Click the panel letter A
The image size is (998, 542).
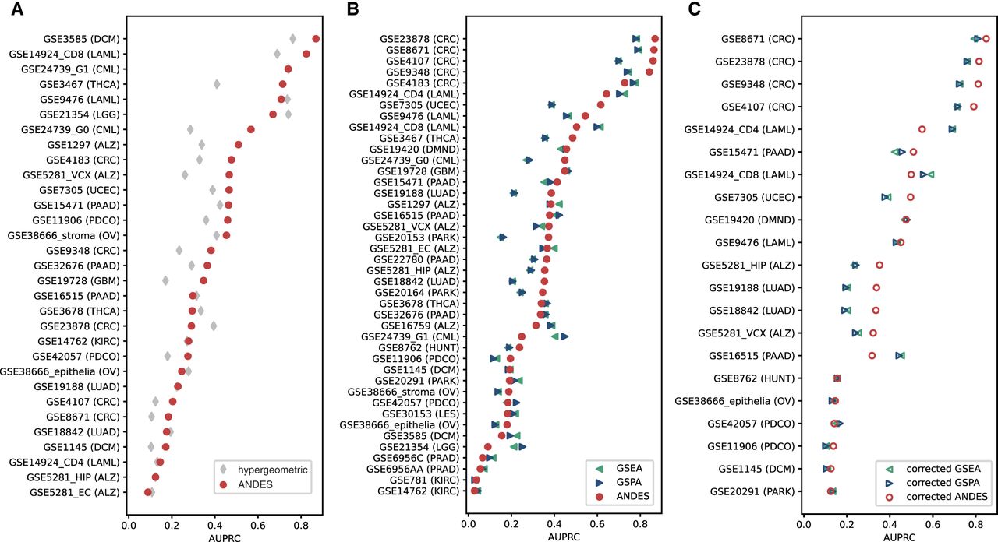click(17, 9)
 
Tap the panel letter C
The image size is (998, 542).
click(694, 9)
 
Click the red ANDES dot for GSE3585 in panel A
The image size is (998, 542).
click(316, 39)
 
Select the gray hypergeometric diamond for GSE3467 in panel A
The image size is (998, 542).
click(217, 84)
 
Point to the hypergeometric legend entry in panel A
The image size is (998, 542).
click(264, 470)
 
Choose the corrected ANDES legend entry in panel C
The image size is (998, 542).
click(936, 497)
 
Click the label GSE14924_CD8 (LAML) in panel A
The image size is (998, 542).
click(65, 54)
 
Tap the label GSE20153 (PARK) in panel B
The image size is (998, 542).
click(417, 238)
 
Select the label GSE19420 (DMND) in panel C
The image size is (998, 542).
click(749, 220)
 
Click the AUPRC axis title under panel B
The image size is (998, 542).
click(564, 537)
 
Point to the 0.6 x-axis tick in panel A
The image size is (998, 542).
click(258, 524)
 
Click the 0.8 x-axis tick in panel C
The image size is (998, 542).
click(975, 524)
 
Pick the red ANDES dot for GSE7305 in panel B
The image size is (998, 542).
click(600, 105)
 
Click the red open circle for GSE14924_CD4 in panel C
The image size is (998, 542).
click(922, 129)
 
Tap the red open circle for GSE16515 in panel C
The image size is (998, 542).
click(872, 356)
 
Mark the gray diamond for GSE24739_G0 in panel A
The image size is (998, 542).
click(190, 129)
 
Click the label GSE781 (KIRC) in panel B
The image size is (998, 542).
click(424, 480)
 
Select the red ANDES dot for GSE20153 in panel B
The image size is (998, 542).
click(548, 238)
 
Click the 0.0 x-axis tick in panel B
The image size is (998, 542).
click(469, 524)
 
